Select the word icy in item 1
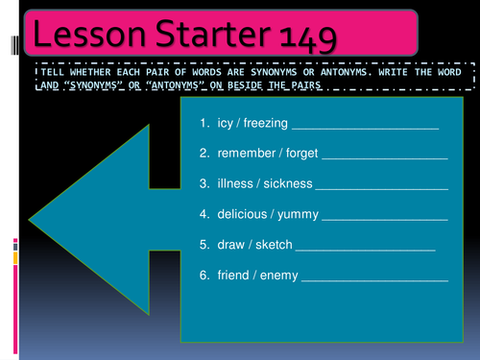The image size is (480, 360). (x=226, y=124)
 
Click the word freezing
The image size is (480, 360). (x=265, y=124)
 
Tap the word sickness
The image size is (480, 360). (x=287, y=184)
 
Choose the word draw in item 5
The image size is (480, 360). (x=230, y=246)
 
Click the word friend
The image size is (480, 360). (x=234, y=276)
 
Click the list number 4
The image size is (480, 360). (x=204, y=215)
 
